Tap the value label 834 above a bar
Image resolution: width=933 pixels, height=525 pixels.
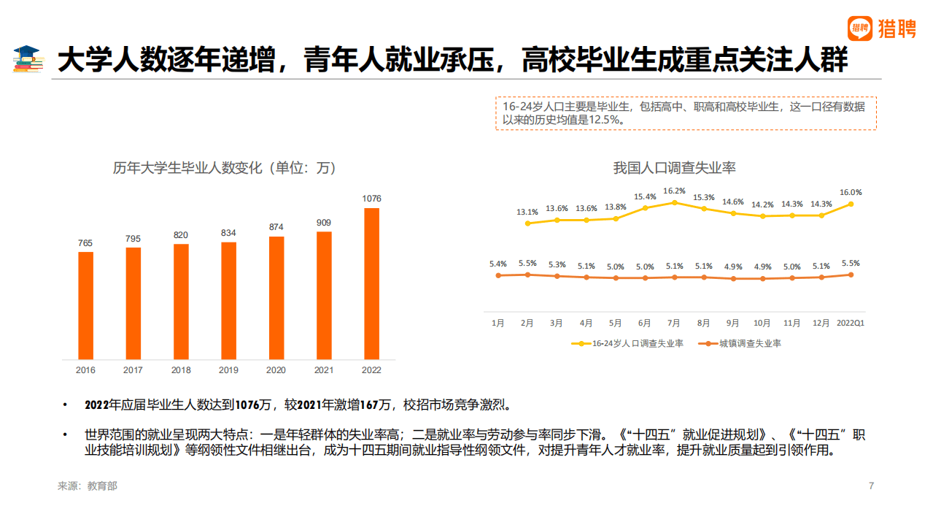228,233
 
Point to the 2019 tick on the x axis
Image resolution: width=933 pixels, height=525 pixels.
228,370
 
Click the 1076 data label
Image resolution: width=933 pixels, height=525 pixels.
371,199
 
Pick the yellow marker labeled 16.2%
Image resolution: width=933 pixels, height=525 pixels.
674,202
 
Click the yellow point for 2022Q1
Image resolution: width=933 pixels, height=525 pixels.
851,204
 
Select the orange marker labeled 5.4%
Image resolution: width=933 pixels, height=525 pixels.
498,275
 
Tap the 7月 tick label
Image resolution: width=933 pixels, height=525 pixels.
674,323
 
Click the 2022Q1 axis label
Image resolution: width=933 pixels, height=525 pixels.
851,323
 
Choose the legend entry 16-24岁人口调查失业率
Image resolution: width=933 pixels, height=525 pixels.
632,343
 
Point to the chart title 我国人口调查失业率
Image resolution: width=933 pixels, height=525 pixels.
674,168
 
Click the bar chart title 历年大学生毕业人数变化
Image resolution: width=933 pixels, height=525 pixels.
225,168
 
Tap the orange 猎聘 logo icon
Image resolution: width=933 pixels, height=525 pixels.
861,28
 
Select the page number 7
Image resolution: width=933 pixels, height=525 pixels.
871,486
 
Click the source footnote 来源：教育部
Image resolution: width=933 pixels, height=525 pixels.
88,486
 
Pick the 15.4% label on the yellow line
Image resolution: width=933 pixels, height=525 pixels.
645,196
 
